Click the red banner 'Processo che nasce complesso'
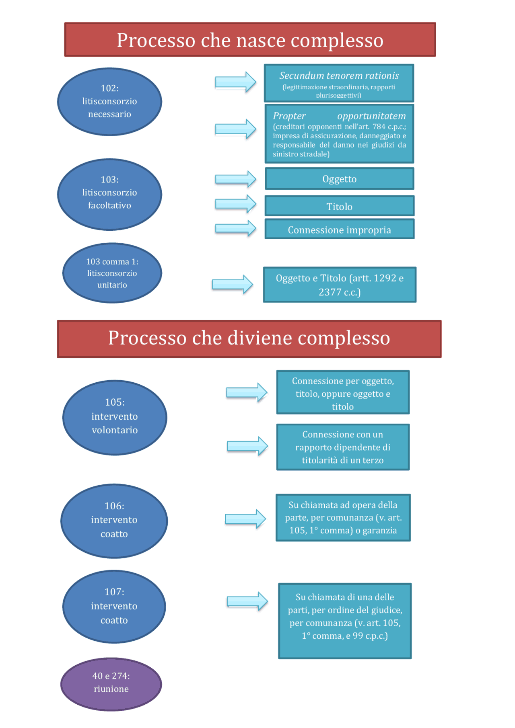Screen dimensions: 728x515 (250, 40)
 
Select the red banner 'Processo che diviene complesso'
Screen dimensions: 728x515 (249, 338)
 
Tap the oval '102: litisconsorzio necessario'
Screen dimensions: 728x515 (109, 101)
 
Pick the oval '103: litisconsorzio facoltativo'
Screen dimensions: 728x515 (109, 194)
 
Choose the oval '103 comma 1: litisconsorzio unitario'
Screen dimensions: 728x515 (112, 273)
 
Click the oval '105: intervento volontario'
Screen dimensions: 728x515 (115, 417)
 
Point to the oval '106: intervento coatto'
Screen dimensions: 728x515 (114, 521)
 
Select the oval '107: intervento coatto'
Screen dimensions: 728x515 (114, 606)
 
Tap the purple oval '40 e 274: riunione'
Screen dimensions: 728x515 (111, 684)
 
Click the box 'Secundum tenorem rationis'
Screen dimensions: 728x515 (339, 83)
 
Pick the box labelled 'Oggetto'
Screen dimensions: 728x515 (339, 179)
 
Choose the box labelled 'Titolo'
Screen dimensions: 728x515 (339, 206)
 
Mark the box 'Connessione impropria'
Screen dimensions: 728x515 (339, 229)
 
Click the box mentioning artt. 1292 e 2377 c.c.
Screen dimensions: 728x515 (340, 285)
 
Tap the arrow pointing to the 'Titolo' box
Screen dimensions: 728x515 (236, 204)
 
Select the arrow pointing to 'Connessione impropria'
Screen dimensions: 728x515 (236, 228)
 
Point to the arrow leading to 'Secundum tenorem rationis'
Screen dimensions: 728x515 (236, 82)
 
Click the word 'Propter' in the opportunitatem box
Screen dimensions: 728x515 (289, 116)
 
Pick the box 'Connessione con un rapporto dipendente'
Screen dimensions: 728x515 (343, 447)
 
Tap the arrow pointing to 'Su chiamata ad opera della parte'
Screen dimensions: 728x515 (245, 519)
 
